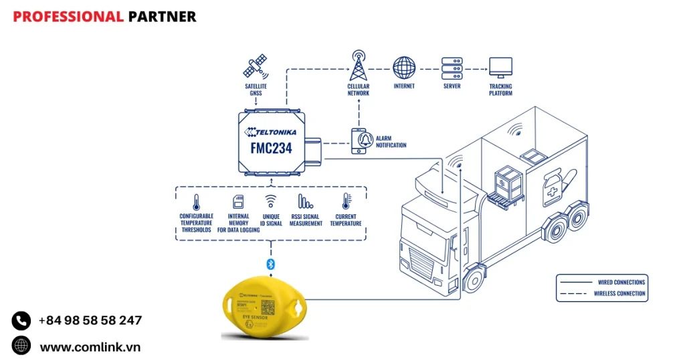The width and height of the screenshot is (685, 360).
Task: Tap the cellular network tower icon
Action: pos(359,65)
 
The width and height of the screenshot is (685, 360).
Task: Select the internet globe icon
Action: pos(404,68)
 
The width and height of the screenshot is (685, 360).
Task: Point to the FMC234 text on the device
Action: pos(271,148)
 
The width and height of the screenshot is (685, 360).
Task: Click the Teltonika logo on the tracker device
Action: pos(271,132)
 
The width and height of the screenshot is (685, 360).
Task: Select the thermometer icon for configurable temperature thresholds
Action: pos(196,202)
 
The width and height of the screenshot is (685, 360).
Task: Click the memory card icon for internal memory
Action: pos(238,202)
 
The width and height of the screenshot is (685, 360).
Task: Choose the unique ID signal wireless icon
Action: pos(271,201)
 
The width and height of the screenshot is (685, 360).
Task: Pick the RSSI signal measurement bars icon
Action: pos(305,202)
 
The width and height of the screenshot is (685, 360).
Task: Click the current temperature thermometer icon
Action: pos(346,202)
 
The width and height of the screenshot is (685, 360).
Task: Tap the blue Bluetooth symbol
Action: pos(271,264)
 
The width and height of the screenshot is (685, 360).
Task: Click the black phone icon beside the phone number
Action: pos(21,321)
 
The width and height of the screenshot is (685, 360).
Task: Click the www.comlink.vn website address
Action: pos(90,347)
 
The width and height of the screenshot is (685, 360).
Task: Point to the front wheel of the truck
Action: pos(473,280)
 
